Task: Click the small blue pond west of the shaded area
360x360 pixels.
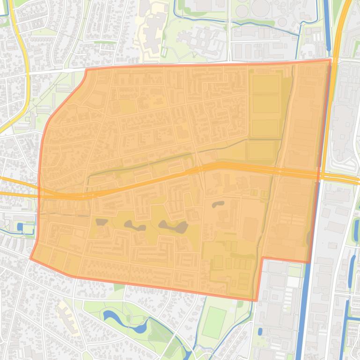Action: click(20, 227)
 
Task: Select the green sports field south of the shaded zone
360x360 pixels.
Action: click(214, 323)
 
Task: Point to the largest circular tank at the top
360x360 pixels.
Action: click(260, 7)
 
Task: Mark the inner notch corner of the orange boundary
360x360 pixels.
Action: click(263, 258)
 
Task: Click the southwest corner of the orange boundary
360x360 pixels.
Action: click(31, 258)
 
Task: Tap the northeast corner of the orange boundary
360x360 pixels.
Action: click(331, 59)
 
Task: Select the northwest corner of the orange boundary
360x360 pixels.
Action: click(87, 70)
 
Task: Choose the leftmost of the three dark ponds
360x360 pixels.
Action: click(101, 222)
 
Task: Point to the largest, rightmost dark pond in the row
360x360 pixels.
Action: click(174, 227)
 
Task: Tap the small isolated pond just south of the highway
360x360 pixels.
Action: click(218, 204)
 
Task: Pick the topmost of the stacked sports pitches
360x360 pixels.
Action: click(265, 84)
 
